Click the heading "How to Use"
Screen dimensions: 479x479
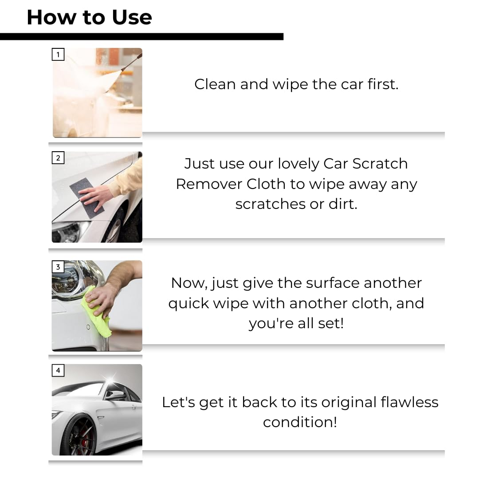(89, 17)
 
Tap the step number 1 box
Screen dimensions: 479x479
(58, 55)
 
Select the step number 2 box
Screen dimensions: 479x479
(58, 158)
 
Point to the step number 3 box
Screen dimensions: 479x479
(58, 267)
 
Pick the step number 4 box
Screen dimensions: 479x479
(58, 370)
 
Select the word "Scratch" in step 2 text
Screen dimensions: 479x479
(380, 164)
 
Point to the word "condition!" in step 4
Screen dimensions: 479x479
(300, 422)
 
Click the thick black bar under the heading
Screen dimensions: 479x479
(141, 36)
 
